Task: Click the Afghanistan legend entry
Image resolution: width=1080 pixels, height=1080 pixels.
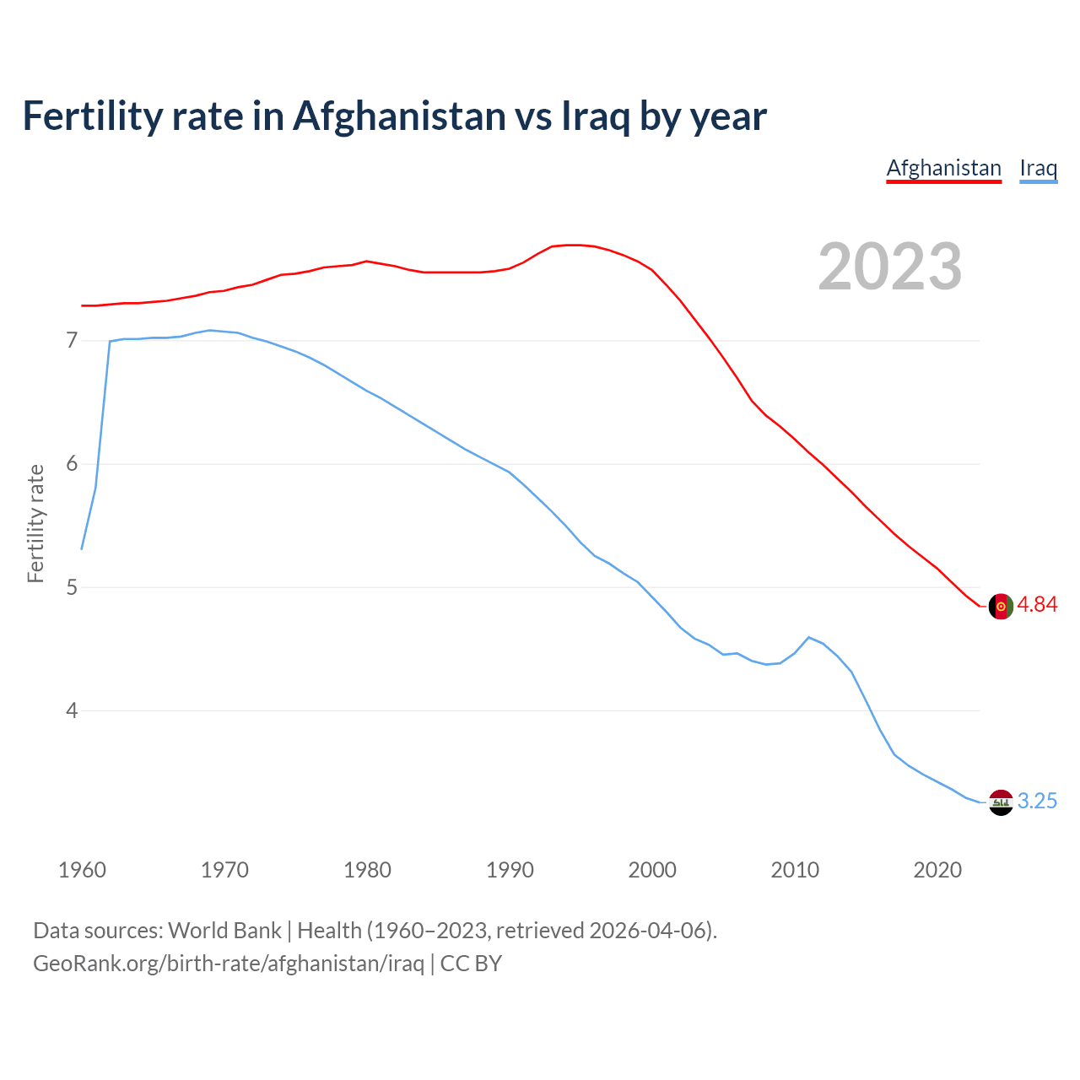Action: pyautogui.click(x=943, y=168)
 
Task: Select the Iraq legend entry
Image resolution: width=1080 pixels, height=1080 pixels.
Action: pyautogui.click(x=1038, y=168)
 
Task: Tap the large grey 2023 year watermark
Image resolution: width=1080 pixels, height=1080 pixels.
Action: pyautogui.click(x=890, y=267)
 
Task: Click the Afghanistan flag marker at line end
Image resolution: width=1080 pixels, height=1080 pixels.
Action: pyautogui.click(x=1001, y=606)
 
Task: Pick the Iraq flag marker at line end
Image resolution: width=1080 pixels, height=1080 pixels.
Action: pyautogui.click(x=1001, y=802)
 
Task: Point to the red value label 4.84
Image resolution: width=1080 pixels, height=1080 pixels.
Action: pyautogui.click(x=1037, y=605)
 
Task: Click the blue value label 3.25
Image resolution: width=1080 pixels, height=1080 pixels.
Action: pyautogui.click(x=1037, y=802)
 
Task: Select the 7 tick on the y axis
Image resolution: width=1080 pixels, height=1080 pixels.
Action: pyautogui.click(x=72, y=341)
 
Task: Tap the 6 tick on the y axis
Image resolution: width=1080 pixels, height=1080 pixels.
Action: pyautogui.click(x=72, y=464)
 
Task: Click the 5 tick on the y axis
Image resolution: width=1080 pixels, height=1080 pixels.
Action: pyautogui.click(x=72, y=587)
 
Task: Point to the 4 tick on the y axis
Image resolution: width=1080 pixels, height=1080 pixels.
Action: pyautogui.click(x=72, y=710)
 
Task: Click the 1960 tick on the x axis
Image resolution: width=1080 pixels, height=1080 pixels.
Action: pyautogui.click(x=82, y=870)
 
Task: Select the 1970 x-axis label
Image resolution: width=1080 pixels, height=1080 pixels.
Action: pyautogui.click(x=224, y=870)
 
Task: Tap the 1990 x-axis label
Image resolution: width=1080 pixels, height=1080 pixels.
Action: pyautogui.click(x=510, y=870)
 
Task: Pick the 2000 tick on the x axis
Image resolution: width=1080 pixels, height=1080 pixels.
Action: pyautogui.click(x=652, y=870)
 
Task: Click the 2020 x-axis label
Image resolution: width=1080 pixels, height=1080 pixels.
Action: pyautogui.click(x=937, y=870)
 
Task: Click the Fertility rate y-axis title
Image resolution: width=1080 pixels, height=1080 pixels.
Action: pyautogui.click(x=35, y=523)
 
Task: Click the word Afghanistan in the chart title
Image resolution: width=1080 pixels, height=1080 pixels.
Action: pyautogui.click(x=398, y=116)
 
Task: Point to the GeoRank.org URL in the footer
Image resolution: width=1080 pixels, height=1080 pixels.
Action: pyautogui.click(x=229, y=964)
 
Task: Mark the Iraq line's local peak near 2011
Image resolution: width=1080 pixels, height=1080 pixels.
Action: pyautogui.click(x=809, y=637)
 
